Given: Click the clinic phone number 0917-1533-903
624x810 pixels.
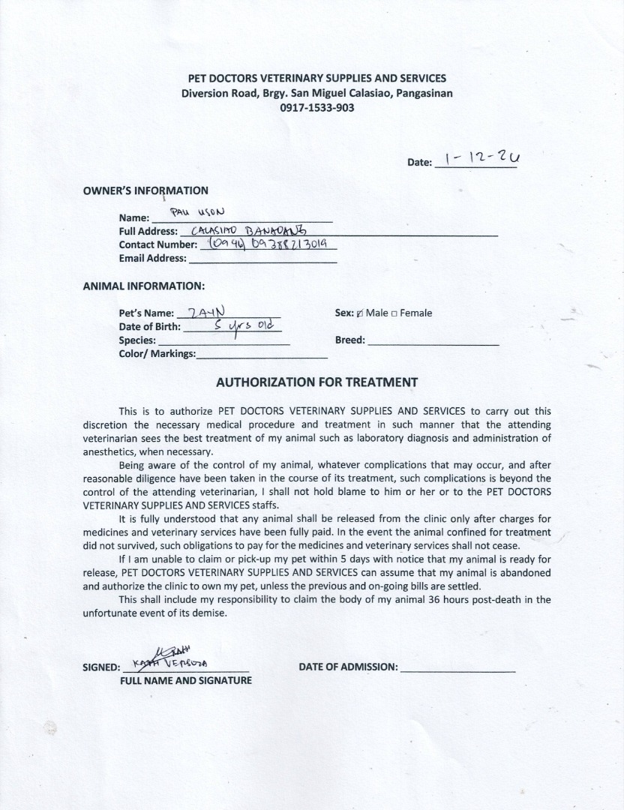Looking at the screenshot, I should (x=316, y=107).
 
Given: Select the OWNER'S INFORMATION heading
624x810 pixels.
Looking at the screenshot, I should (x=145, y=190).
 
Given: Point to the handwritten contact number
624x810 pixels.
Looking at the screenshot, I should (x=267, y=243).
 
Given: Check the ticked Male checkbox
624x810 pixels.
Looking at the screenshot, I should (x=360, y=313).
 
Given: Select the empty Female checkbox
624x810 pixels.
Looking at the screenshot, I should (x=394, y=313).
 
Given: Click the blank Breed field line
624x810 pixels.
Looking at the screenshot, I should (x=433, y=343).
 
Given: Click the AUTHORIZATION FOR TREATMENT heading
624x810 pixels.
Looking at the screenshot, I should (x=316, y=382).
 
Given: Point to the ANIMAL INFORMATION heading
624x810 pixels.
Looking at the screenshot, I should (x=143, y=286).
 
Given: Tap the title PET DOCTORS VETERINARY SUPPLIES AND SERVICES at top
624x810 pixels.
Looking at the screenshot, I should (x=316, y=78).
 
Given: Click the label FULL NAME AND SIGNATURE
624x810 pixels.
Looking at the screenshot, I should (x=186, y=681).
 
